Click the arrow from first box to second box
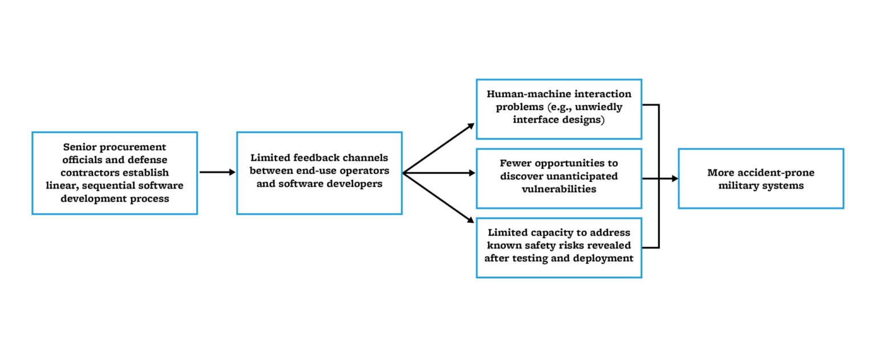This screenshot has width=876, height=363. (217, 172)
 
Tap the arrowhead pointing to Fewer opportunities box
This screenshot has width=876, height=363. (472, 173)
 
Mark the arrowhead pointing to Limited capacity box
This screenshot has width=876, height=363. (471, 220)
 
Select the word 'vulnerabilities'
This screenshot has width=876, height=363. (559, 189)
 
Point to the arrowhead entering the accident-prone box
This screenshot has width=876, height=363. (675, 178)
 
